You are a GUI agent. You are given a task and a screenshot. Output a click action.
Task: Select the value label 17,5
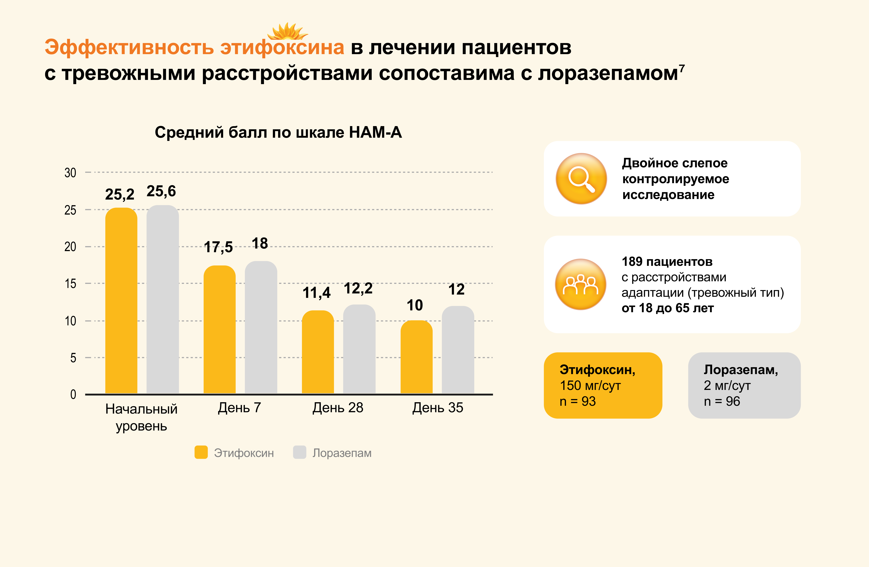tap(218, 247)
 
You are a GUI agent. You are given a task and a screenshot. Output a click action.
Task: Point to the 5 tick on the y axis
tap(73, 358)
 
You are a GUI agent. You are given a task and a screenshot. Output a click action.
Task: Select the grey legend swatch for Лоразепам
tap(299, 452)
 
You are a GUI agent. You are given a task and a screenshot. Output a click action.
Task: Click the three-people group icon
tap(580, 284)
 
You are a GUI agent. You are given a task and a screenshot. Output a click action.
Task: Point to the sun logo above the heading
tap(288, 31)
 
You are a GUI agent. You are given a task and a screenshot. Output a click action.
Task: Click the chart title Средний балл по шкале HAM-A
tap(278, 132)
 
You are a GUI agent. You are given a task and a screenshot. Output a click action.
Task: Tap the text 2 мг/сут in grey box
tap(727, 385)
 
